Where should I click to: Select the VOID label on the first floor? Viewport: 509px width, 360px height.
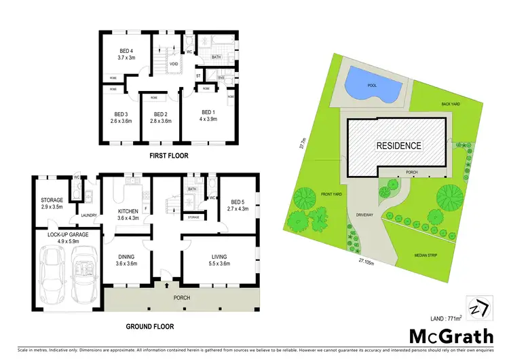[x=174, y=65]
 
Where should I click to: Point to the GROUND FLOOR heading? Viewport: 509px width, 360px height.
[x=150, y=326]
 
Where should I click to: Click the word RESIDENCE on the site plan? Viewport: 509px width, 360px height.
[x=399, y=145]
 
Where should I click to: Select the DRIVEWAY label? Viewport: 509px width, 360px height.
[x=365, y=215]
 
